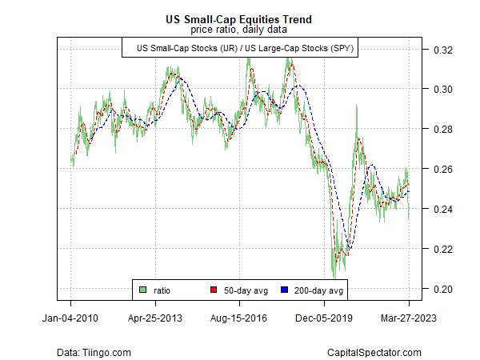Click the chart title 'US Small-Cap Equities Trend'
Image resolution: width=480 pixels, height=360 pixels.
pyautogui.click(x=240, y=18)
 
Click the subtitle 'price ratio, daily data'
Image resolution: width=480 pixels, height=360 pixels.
pyautogui.click(x=240, y=30)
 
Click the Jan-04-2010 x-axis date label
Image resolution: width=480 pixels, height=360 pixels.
pyautogui.click(x=71, y=317)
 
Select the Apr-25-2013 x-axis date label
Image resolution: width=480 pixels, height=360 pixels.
pyautogui.click(x=155, y=317)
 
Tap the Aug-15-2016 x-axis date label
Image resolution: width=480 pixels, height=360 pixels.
pyautogui.click(x=240, y=317)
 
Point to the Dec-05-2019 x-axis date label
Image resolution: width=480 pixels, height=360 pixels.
pyautogui.click(x=324, y=317)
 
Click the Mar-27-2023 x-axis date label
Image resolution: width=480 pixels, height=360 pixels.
pyautogui.click(x=408, y=317)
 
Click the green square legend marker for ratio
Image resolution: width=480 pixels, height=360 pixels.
pyautogui.click(x=143, y=290)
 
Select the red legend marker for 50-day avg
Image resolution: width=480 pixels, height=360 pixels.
pyautogui.click(x=213, y=290)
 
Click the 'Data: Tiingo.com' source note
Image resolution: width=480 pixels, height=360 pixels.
pyautogui.click(x=94, y=352)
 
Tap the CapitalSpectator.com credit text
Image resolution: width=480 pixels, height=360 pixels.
pyautogui.click(x=375, y=352)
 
